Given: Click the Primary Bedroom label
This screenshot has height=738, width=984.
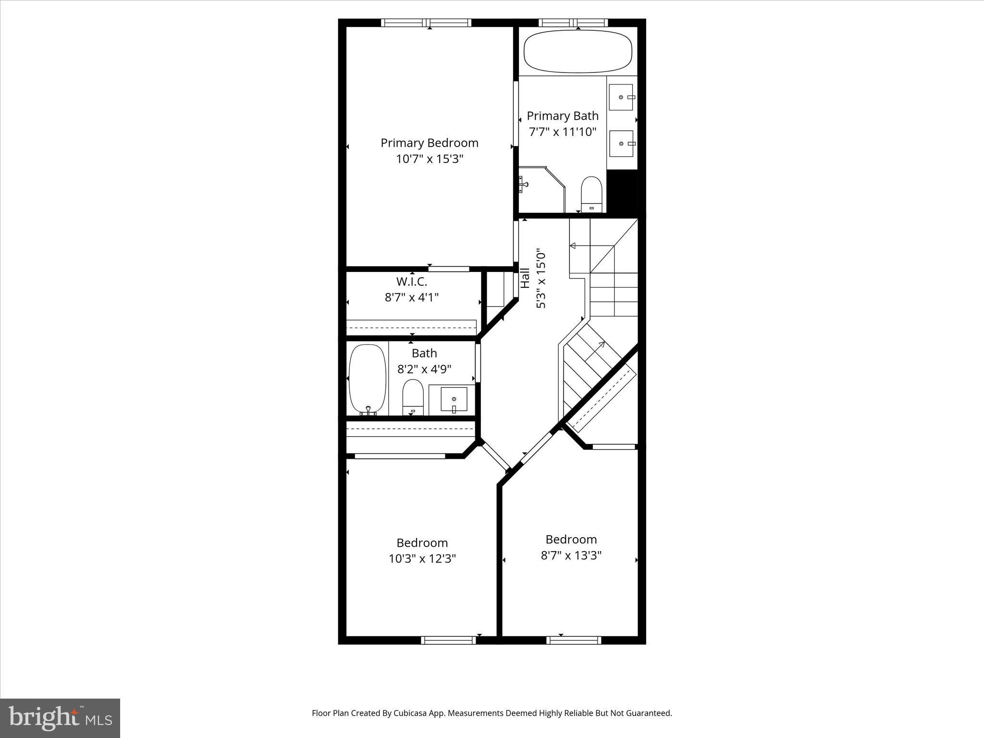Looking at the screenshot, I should pyautogui.click(x=429, y=143).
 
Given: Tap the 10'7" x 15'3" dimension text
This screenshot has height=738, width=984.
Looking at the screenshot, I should pyautogui.click(x=429, y=159).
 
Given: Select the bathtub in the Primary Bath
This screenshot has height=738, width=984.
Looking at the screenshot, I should pyautogui.click(x=578, y=52).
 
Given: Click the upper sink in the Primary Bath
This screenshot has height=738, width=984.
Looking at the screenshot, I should pyautogui.click(x=621, y=97).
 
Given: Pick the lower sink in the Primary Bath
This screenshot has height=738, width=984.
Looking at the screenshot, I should pyautogui.click(x=621, y=144).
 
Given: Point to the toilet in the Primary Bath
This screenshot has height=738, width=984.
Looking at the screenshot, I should pyautogui.click(x=591, y=194).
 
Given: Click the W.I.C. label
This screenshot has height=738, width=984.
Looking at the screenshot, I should pyautogui.click(x=411, y=282).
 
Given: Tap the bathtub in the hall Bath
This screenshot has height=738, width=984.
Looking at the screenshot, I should pyautogui.click(x=367, y=380).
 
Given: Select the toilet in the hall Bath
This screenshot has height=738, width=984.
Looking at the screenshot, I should pyautogui.click(x=412, y=397).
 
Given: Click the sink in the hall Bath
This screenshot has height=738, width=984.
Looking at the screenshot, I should pyautogui.click(x=454, y=399).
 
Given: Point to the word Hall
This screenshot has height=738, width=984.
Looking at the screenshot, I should pyautogui.click(x=525, y=278).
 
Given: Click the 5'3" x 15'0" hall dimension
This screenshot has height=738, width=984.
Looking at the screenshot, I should pyautogui.click(x=541, y=279).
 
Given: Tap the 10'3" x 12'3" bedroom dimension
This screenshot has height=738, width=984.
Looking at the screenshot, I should pyautogui.click(x=422, y=559).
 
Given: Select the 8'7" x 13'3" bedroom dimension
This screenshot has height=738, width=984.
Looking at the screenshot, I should pyautogui.click(x=571, y=555).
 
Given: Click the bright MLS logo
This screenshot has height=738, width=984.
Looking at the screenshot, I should pyautogui.click(x=60, y=718).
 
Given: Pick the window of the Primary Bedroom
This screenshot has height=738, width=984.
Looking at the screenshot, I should pyautogui.click(x=426, y=23).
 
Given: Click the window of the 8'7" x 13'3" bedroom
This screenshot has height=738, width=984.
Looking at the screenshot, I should pyautogui.click(x=573, y=640).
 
